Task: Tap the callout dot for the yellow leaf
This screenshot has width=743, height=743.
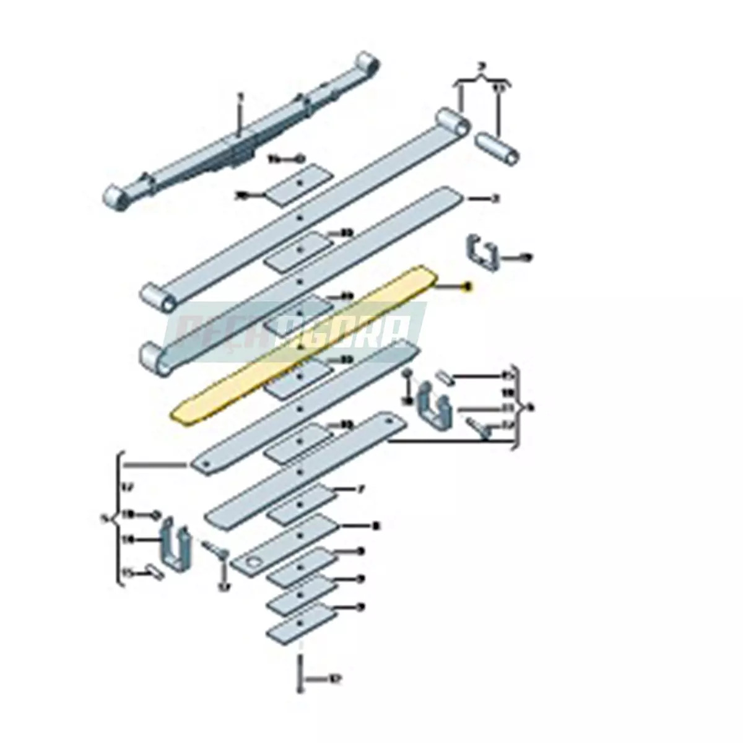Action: [x=468, y=286]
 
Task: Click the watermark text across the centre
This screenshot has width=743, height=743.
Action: [x=297, y=329]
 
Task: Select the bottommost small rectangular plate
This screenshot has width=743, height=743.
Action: [x=301, y=625]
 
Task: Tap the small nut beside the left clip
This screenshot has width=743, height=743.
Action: [x=155, y=515]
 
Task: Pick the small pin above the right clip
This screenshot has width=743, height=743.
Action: [x=443, y=376]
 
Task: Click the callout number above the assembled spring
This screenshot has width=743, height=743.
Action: [x=241, y=97]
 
